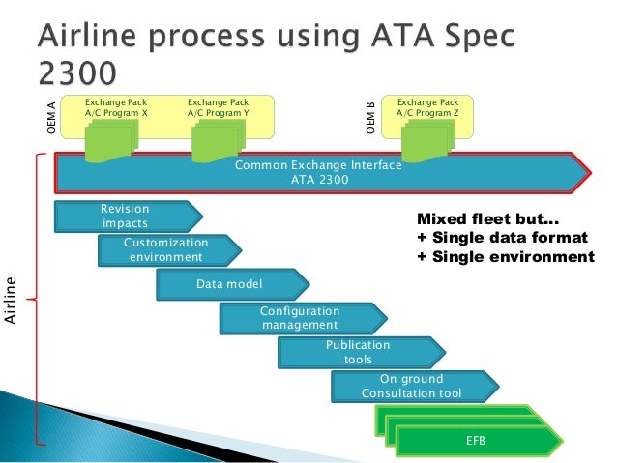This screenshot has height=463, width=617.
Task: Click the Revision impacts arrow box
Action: pos(126,217)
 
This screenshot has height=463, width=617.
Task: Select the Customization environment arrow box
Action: pos(165,249)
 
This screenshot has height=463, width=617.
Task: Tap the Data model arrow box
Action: pos(230,283)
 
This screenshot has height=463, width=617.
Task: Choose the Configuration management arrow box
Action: pos(300,318)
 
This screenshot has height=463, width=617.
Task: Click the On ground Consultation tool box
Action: pos(411,386)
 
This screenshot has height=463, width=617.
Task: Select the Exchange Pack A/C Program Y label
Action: pos(219,106)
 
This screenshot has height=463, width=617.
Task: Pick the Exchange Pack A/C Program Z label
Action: pos(427,106)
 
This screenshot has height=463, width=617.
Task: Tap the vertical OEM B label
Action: pos(370,118)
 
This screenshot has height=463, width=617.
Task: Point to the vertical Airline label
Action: pos(11,300)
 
